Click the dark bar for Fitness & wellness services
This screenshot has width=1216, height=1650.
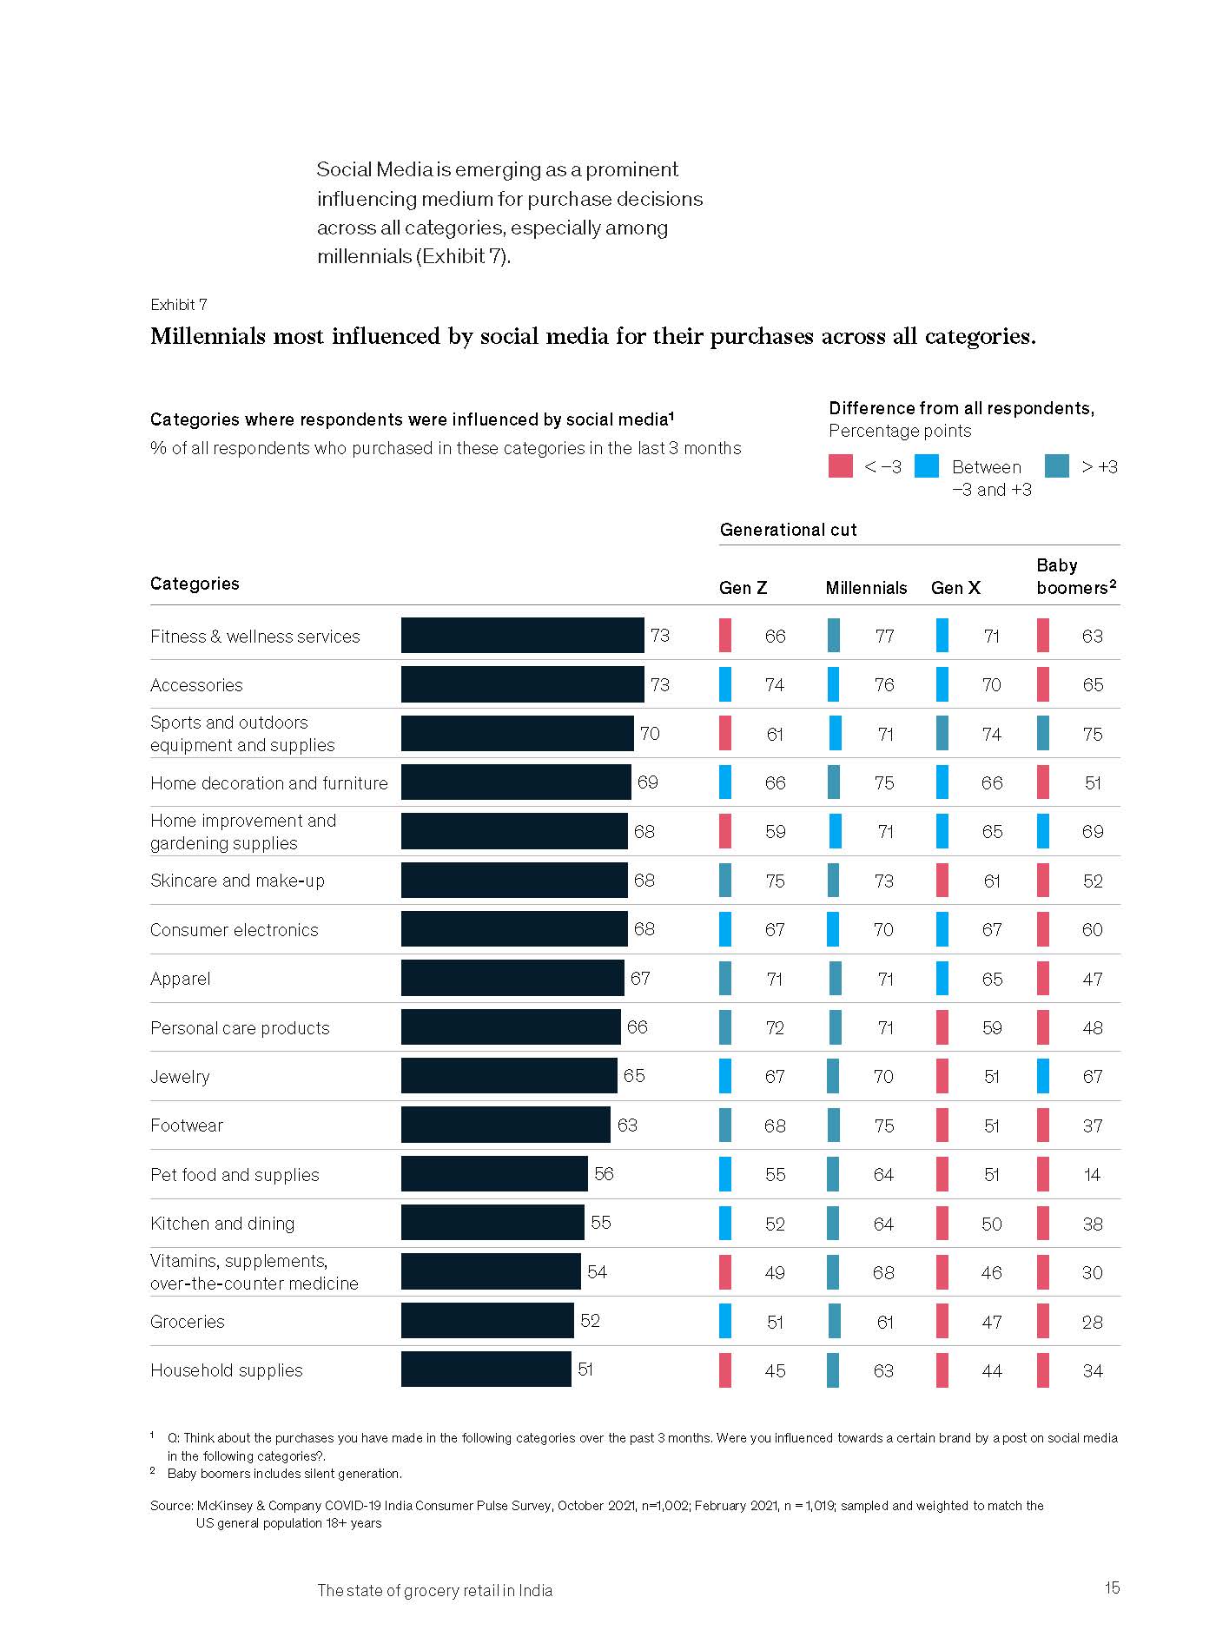[522, 636]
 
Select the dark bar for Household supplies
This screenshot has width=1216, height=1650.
[486, 1369]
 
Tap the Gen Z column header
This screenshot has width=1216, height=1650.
[743, 588]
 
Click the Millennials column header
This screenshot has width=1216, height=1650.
[866, 588]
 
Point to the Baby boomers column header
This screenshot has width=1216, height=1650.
[1075, 577]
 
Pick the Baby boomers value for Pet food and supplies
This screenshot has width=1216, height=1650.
[1092, 1175]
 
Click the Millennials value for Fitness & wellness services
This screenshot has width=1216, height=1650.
[884, 637]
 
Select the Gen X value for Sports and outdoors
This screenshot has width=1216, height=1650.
[991, 735]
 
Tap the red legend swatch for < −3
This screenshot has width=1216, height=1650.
[841, 466]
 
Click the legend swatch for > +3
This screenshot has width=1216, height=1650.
[1056, 466]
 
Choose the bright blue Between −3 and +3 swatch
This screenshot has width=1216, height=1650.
[927, 466]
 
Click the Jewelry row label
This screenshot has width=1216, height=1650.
[180, 1077]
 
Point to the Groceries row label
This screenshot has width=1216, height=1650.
[187, 1322]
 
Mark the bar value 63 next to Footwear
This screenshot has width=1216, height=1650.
[627, 1125]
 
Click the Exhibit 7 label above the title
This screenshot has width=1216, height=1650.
[178, 305]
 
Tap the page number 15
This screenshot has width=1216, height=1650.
[1112, 1588]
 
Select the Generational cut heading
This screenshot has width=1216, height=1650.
[788, 530]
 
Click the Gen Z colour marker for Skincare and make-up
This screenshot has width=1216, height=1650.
[725, 881]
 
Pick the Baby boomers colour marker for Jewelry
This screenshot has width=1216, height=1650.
[1043, 1077]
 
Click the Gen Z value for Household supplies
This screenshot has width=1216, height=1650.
[775, 1371]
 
